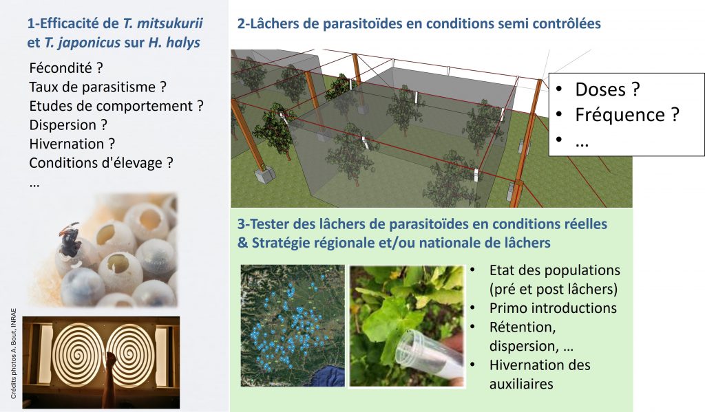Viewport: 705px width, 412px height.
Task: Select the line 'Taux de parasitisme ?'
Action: [98, 87]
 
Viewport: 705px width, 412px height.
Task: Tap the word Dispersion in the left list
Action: [63, 124]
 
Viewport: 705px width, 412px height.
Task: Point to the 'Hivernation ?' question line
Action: [72, 144]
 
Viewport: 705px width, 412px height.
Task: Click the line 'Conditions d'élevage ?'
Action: [101, 162]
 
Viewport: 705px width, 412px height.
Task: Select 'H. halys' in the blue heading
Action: [174, 43]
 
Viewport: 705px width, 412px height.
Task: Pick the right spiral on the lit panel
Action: [130, 355]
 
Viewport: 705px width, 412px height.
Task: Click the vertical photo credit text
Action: [14, 354]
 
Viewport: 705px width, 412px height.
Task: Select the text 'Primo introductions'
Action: [553, 308]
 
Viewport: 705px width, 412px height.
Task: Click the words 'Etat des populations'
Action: [555, 270]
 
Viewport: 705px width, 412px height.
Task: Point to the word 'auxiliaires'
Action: [521, 384]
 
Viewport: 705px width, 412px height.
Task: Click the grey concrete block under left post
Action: [264, 175]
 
